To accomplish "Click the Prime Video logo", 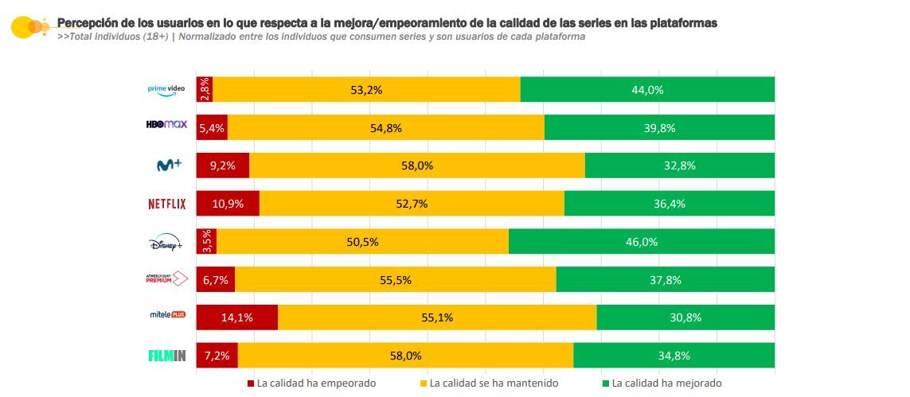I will pos(166,89).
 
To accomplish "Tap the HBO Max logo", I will pos(166,126).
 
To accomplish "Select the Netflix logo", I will pos(167,204).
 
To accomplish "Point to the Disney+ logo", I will pos(166,242).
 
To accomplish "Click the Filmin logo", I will pos(167,356).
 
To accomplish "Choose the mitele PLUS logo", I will pos(167,317).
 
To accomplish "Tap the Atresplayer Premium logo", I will pos(166,279).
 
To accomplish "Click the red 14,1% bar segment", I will pos(236,317).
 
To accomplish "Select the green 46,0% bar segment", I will pos(642,242).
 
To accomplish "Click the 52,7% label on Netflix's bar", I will pos(412,204).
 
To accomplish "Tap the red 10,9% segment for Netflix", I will pos(228,204).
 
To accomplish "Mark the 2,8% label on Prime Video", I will pos(205,89).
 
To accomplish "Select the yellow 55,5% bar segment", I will pos(395,279).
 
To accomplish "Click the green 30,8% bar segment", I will pos(685,317).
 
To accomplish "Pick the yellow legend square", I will pos(424,383).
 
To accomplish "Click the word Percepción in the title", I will pos(88,23).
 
